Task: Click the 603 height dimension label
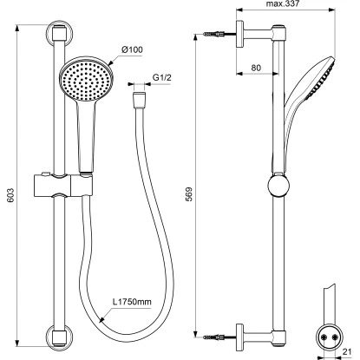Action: coord(10,195)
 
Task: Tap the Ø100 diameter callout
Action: coord(132,49)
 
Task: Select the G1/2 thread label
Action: coord(162,78)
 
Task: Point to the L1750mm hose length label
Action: coord(132,302)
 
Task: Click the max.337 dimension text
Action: coord(283,3)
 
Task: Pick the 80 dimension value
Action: coord(256,68)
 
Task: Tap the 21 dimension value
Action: coord(347,352)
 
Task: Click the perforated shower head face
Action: coord(86,79)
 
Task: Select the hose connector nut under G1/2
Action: coord(140,100)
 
